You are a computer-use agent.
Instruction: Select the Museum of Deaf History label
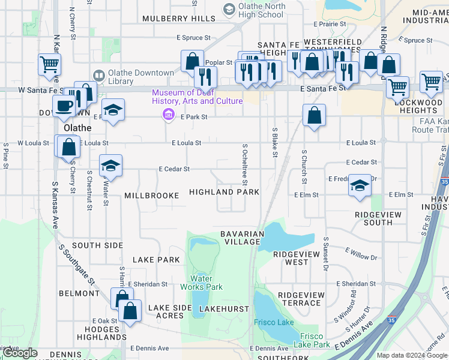click(197, 97)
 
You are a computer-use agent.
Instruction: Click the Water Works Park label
click(206, 282)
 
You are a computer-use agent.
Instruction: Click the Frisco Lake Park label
click(312, 340)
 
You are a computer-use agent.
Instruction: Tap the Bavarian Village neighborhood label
click(242, 238)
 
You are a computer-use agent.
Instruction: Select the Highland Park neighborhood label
click(224, 192)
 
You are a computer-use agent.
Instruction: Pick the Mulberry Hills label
click(179, 19)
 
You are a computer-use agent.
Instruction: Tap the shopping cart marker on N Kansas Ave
click(49, 64)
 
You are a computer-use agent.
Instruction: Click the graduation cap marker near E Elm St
click(360, 185)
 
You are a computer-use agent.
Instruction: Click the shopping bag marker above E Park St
click(314, 114)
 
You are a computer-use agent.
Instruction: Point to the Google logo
click(21, 353)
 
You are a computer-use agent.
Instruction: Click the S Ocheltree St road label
click(245, 164)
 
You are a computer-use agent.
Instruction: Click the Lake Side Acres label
click(170, 311)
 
